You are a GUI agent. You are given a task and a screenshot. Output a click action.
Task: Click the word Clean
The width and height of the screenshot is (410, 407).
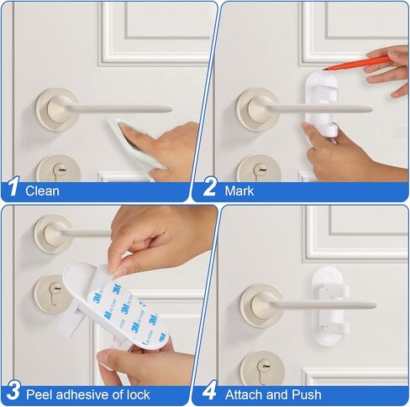point(43,190)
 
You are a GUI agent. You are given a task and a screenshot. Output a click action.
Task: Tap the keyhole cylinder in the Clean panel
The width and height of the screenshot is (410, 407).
point(59,170)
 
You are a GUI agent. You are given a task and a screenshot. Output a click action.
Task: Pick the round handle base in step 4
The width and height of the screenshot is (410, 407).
point(260,304)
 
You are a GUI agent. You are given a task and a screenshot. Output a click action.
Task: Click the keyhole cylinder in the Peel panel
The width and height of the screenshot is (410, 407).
point(52,294)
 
